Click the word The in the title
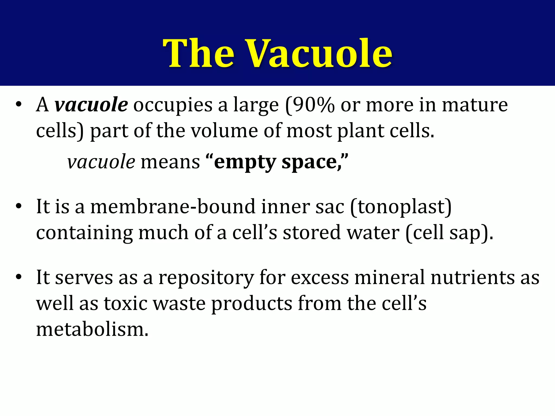coord(198,53)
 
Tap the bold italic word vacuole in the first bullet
coord(91,105)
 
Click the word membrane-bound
coord(173,207)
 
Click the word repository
coord(206,278)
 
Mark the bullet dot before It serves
coord(18,278)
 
